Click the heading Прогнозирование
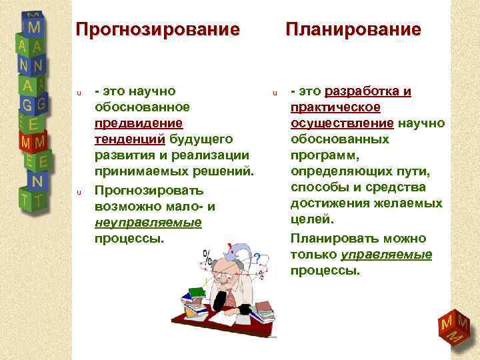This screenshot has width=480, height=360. (157, 30)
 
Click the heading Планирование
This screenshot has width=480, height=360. (353, 30)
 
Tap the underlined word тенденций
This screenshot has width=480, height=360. (130, 139)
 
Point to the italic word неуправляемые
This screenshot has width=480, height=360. (148, 222)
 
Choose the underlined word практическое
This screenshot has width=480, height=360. (335, 107)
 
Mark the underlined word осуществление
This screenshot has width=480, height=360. (343, 123)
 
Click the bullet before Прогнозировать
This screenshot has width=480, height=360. (79, 192)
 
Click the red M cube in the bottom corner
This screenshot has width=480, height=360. (451, 327)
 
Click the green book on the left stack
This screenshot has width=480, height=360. (197, 291)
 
